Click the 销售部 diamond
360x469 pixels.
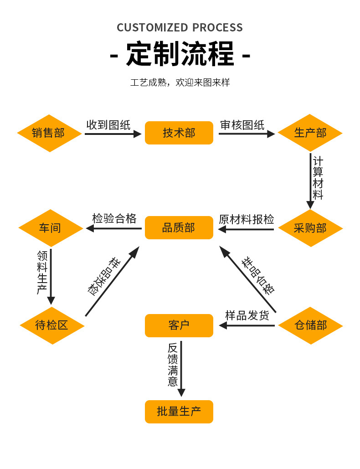point(48,133)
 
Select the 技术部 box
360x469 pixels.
point(179,133)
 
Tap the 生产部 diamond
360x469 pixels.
point(310,133)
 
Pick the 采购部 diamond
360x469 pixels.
point(310,228)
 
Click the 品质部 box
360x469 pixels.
point(179,227)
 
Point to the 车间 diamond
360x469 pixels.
point(50,228)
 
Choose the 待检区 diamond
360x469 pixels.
point(52,325)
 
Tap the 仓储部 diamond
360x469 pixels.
point(310,325)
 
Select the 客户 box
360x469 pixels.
point(179,325)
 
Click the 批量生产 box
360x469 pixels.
point(179,412)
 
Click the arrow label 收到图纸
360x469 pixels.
point(108,125)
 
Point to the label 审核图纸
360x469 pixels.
point(242,125)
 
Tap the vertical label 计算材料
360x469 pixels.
point(318,178)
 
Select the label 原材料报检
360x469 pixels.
point(247,219)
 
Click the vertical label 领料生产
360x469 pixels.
point(42,272)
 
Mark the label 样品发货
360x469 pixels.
point(247,315)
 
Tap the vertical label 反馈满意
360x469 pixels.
point(173,364)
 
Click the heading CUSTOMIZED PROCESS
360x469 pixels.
point(180,27)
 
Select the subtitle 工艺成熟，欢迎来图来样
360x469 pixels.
point(180,82)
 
